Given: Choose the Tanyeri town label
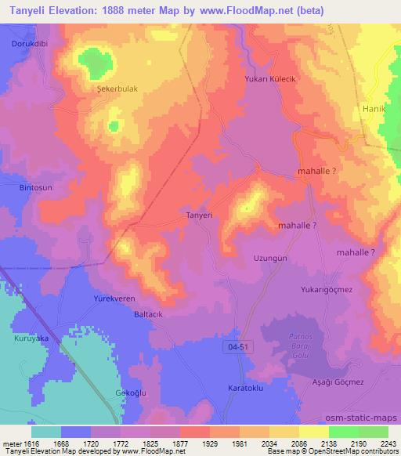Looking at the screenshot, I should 179,215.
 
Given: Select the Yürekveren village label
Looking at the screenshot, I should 117,299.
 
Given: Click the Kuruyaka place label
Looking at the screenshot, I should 31,338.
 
